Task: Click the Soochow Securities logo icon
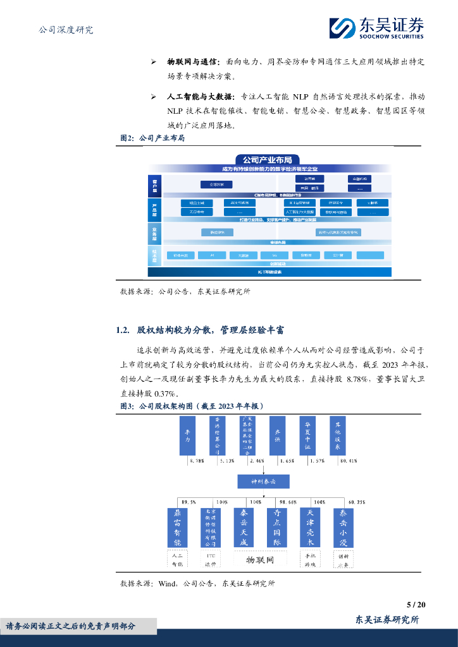(x=342, y=28)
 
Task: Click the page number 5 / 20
(x=416, y=605)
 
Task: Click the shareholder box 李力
(x=187, y=436)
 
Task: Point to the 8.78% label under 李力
(x=198, y=461)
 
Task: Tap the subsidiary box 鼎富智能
(x=178, y=528)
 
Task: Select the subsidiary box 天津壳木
(x=310, y=528)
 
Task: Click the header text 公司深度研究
(x=66, y=30)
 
